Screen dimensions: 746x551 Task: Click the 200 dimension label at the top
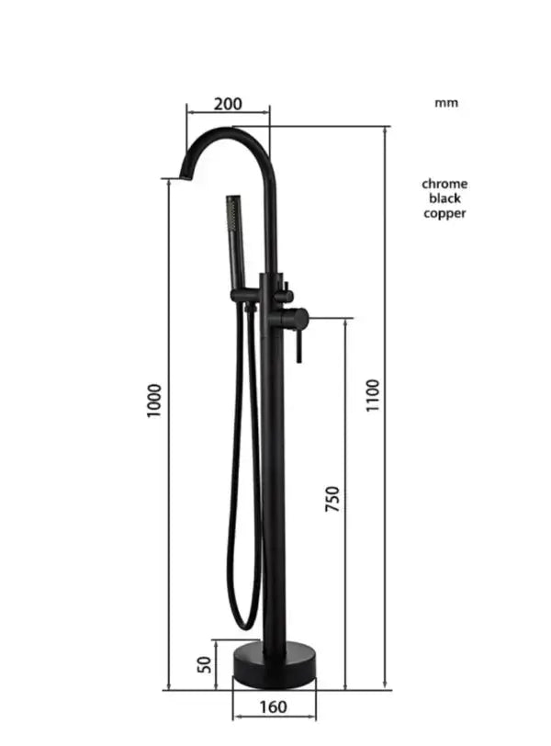pos(228,103)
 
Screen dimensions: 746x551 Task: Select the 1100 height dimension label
pos(372,395)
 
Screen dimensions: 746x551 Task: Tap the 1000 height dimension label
pos(154,401)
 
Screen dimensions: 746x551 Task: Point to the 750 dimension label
pos(332,498)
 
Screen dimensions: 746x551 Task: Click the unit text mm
pos(445,103)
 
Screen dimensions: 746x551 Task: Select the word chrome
pos(444,184)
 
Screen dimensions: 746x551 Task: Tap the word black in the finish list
pos(444,198)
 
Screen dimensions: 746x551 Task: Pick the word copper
pos(444,213)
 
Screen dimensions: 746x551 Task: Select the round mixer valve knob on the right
pos(298,319)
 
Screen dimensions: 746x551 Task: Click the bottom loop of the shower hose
pos(242,619)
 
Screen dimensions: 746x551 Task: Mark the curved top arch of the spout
pos(230,134)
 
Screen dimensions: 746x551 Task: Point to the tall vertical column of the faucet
pos(274,478)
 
